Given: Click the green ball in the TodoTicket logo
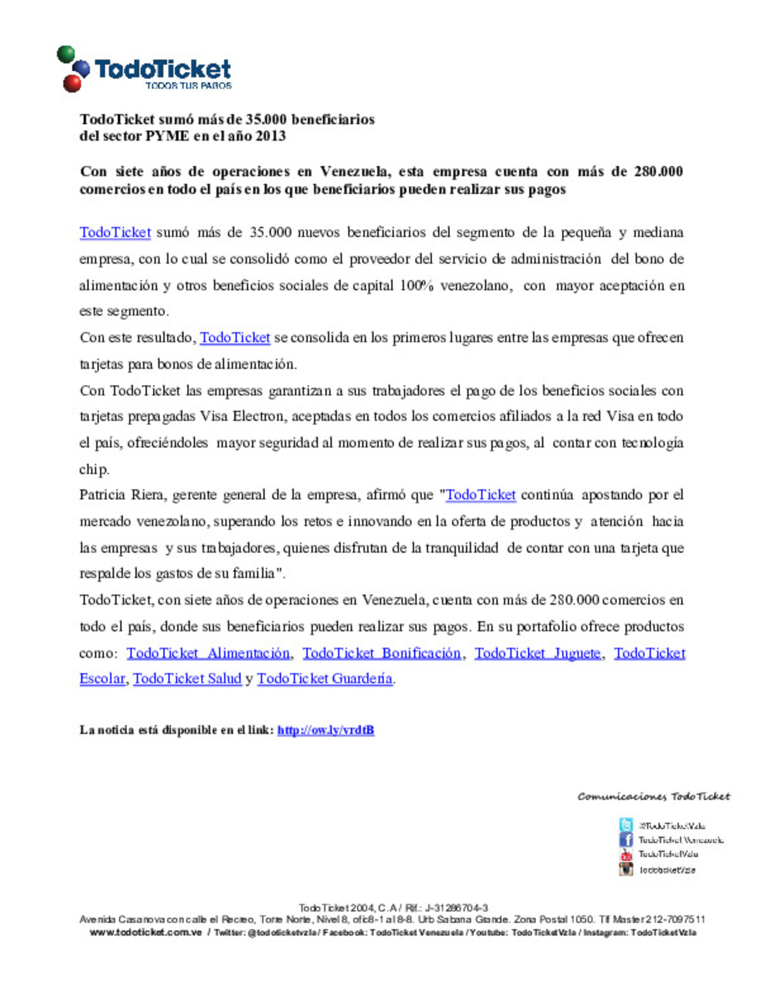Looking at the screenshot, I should (x=65, y=54).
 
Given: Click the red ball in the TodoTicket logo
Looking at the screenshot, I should (x=72, y=83).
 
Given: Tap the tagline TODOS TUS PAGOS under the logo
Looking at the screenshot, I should (x=188, y=85).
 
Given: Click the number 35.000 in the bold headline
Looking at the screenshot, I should (x=266, y=119).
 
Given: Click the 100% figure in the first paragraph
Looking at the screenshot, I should (x=416, y=285).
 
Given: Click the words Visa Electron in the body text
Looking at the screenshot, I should (x=233, y=416).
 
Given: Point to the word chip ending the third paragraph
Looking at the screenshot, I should (x=94, y=469).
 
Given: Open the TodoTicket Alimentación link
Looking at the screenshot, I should (x=208, y=653).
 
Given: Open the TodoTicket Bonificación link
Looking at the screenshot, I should (x=381, y=653).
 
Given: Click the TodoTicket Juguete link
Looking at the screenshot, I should (x=537, y=653).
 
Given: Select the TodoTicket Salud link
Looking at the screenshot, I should (x=187, y=679).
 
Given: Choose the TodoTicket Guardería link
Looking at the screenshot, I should (x=324, y=679).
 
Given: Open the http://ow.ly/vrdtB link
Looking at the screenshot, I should (x=326, y=730).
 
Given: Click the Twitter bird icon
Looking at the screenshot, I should (x=626, y=825).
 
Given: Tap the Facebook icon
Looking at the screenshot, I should (x=626, y=840).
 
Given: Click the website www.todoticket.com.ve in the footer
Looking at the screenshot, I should (x=146, y=932).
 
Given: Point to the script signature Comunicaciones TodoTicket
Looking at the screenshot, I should (x=653, y=796).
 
